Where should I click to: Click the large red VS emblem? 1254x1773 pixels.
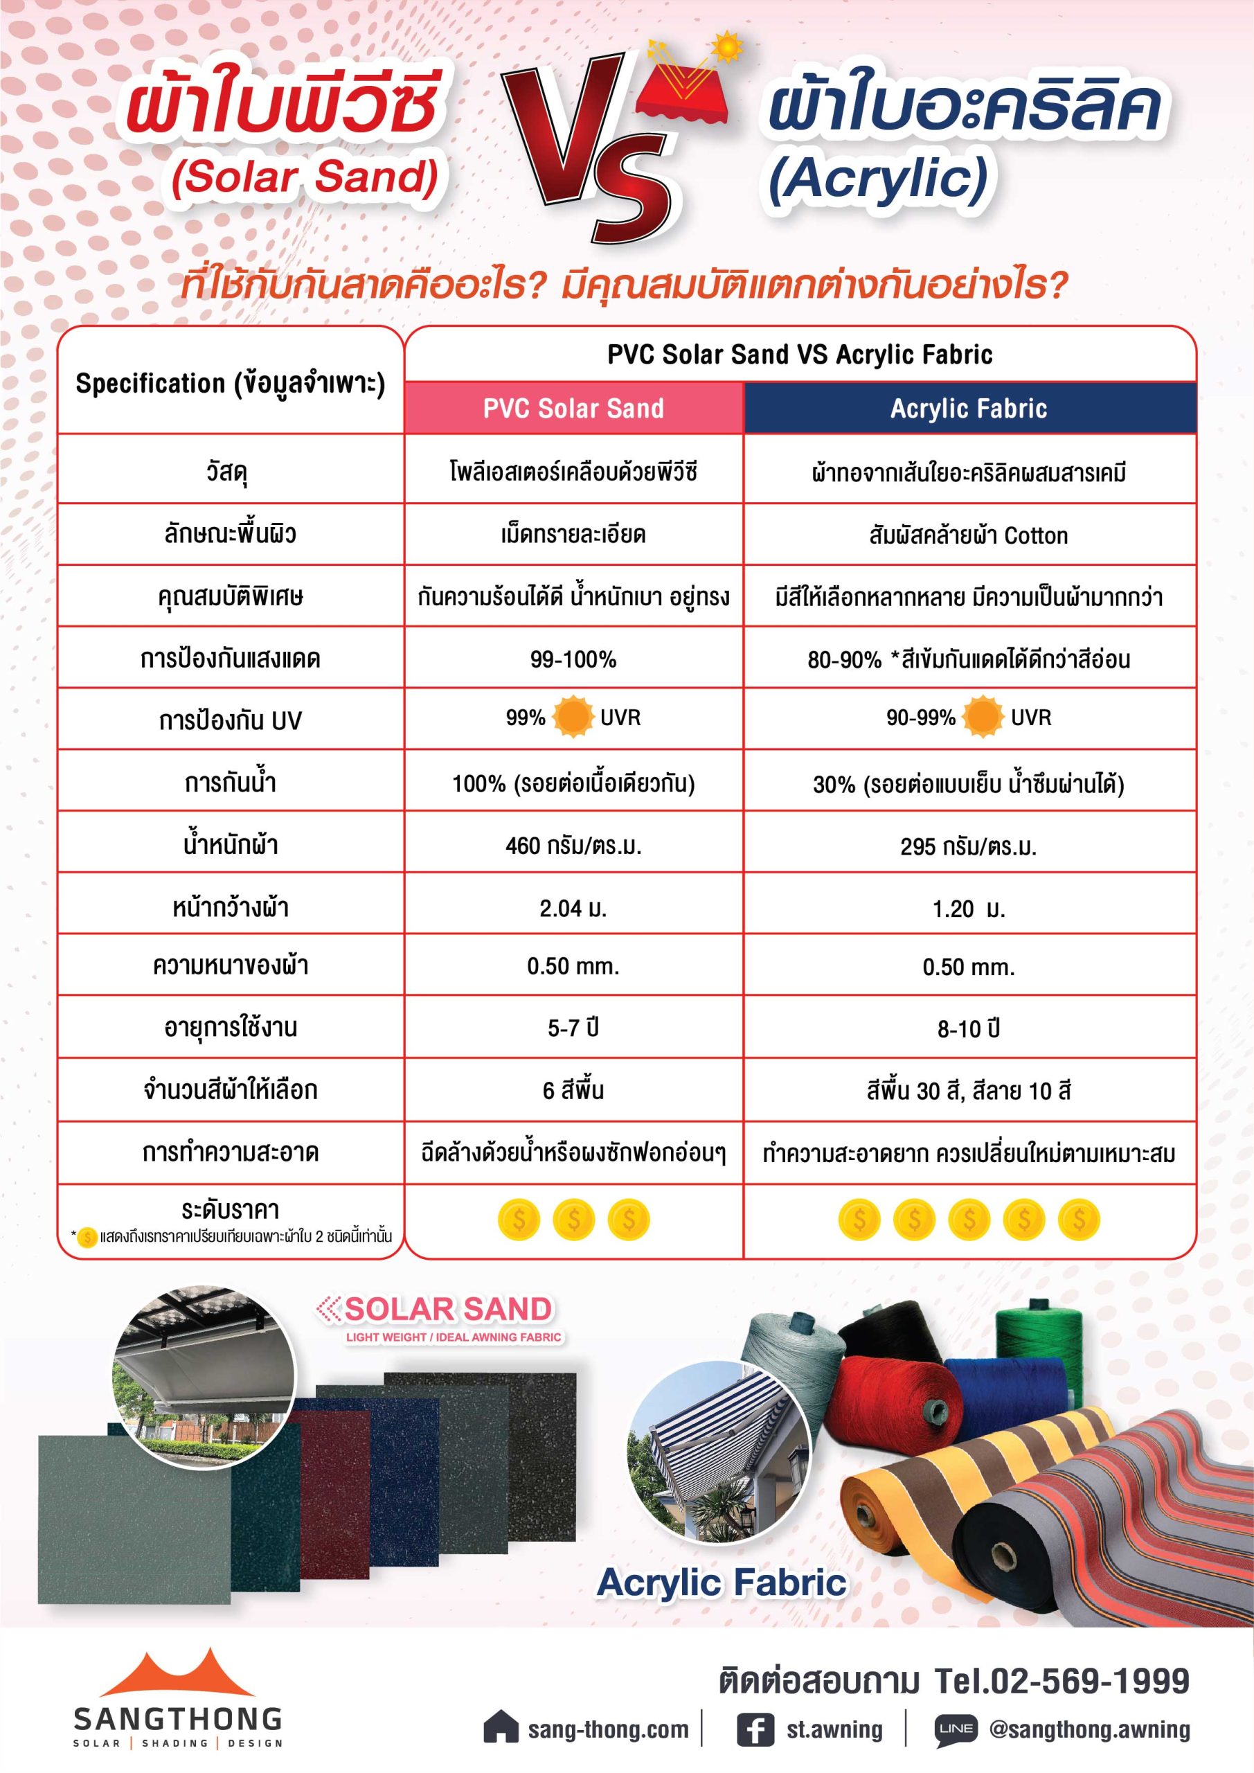[591, 147]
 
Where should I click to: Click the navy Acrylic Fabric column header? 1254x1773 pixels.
[969, 408]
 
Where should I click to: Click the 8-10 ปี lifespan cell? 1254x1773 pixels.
[969, 1028]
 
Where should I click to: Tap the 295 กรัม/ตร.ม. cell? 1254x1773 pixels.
[969, 846]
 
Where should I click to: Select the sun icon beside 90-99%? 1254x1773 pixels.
[983, 717]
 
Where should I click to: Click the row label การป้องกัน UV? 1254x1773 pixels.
[230, 720]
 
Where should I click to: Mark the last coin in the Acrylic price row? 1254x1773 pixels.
[1079, 1220]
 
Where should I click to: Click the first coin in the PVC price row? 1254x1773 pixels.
[519, 1220]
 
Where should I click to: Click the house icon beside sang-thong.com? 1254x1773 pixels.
[501, 1730]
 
